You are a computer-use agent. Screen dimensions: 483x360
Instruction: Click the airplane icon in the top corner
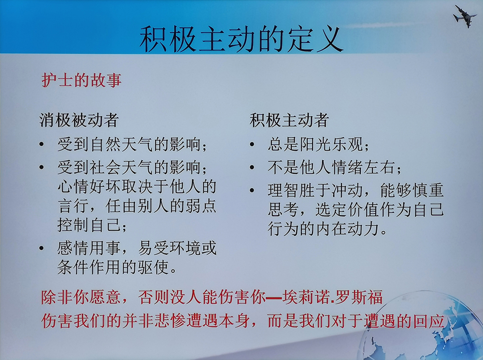coord(465,16)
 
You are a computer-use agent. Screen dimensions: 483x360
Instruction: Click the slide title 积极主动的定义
coord(241,40)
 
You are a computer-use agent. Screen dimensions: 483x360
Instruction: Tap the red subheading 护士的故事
coord(82,80)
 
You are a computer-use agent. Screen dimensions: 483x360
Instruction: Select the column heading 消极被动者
coord(79,120)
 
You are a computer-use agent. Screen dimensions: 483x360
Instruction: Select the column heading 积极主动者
coord(289,120)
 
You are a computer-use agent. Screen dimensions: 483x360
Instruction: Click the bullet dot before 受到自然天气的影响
coord(42,144)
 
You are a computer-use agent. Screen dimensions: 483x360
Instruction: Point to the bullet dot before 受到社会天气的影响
coord(42,167)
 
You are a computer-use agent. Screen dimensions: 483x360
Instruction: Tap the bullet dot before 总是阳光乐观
coord(252,144)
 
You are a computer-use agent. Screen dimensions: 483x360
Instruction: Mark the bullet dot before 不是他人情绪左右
coord(252,167)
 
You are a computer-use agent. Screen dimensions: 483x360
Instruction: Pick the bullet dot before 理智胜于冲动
coord(252,190)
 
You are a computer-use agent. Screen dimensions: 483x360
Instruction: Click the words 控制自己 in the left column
coord(89,224)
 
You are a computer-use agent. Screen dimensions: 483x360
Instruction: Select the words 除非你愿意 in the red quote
coord(81,297)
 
